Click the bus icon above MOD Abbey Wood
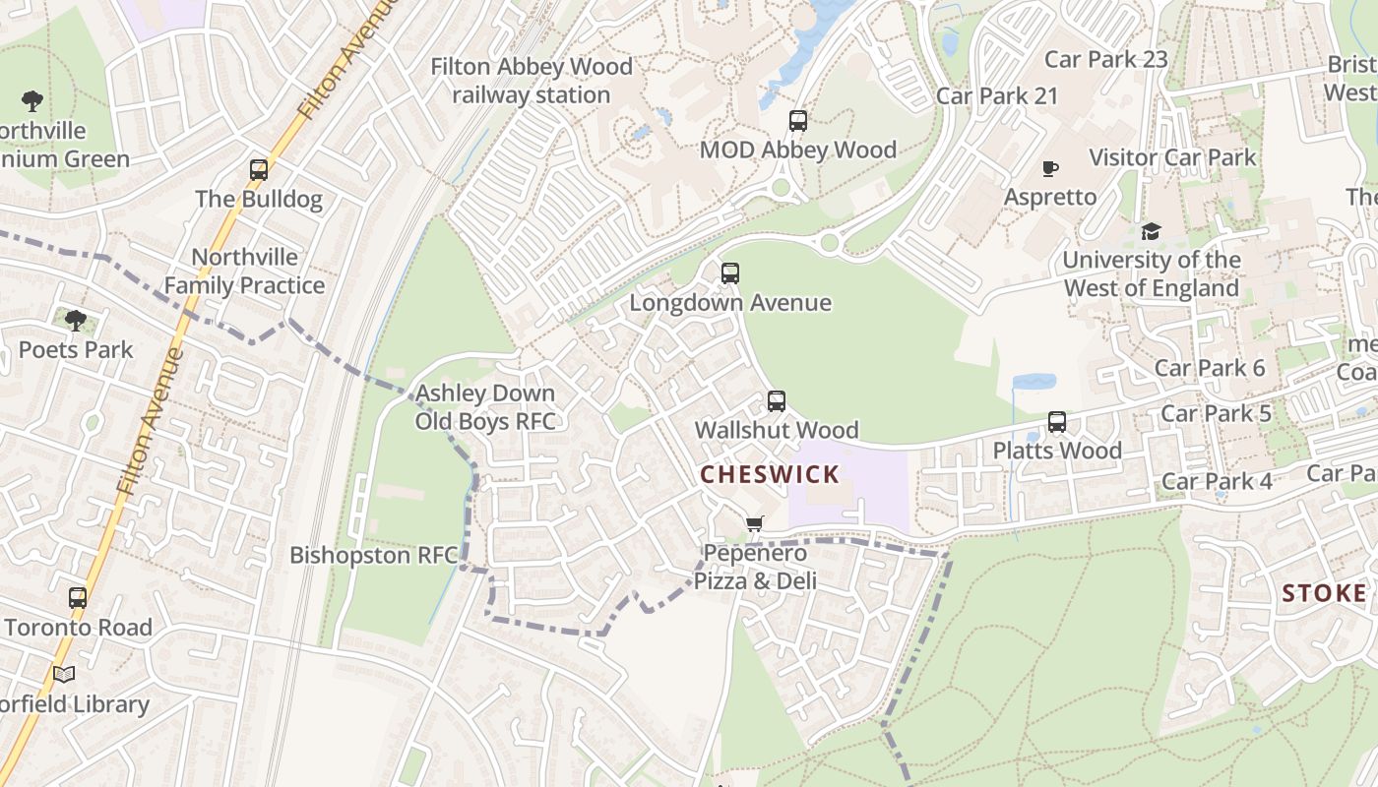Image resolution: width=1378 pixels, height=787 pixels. (x=798, y=121)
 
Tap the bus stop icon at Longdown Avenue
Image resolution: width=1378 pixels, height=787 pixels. (x=729, y=273)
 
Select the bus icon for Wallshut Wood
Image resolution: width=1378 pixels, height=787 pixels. (x=777, y=401)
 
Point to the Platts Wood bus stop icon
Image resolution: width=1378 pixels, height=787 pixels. (x=1057, y=422)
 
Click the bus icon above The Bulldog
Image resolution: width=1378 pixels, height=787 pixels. (x=259, y=170)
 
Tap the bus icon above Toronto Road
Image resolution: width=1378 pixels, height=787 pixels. (x=78, y=598)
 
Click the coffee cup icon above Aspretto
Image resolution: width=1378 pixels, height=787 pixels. (x=1050, y=168)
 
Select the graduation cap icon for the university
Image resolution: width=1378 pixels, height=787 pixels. (x=1151, y=231)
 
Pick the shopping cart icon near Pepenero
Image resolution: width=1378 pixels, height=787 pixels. (x=754, y=524)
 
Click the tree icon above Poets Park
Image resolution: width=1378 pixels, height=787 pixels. (x=76, y=321)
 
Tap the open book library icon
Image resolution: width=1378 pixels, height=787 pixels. (x=64, y=675)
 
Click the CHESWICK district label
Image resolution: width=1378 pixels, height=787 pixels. (x=770, y=474)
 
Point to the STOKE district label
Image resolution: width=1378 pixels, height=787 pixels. (x=1324, y=593)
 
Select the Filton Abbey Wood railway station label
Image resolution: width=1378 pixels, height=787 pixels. (x=532, y=81)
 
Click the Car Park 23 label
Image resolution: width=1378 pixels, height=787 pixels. (x=1105, y=59)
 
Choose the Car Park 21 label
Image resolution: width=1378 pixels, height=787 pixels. (x=996, y=95)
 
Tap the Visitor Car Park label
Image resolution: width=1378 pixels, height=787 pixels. (x=1172, y=157)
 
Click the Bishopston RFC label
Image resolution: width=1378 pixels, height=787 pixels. (x=374, y=555)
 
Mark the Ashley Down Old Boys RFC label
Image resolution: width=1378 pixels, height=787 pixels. (x=484, y=407)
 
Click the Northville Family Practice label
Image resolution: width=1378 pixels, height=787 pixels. (x=244, y=272)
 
